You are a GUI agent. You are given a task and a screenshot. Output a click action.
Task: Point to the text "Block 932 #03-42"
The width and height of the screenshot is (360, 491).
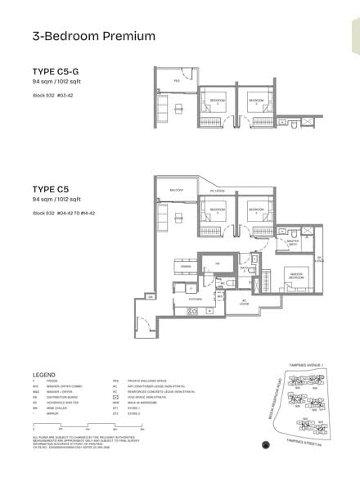[x=52, y=97]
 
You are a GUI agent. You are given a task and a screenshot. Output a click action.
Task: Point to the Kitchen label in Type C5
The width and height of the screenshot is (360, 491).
[x=195, y=300]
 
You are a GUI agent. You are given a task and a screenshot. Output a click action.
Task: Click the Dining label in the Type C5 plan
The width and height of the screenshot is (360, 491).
[x=186, y=266]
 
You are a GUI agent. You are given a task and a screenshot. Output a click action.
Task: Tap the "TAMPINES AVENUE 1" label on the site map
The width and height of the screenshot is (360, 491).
[x=295, y=364]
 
